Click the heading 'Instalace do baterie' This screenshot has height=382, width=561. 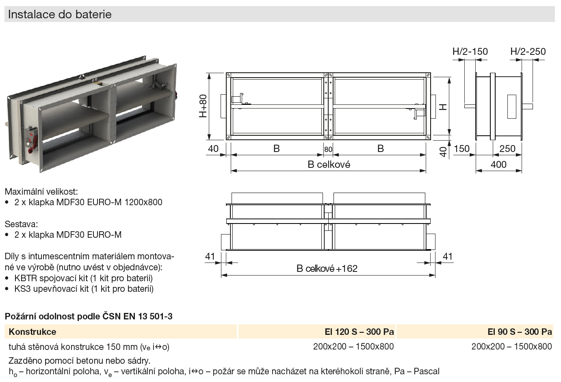click(x=60, y=14)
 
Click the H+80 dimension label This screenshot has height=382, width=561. click(x=203, y=106)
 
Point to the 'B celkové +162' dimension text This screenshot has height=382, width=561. click(x=327, y=269)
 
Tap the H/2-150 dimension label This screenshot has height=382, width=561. click(x=470, y=52)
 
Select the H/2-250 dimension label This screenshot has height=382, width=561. click(x=528, y=52)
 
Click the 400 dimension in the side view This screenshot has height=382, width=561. click(x=498, y=165)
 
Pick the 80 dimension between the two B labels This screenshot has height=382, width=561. click(x=328, y=149)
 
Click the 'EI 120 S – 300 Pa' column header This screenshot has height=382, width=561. click(x=359, y=332)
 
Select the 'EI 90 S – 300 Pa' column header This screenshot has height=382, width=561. click(x=520, y=332)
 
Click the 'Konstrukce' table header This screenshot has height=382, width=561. click(x=32, y=332)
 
